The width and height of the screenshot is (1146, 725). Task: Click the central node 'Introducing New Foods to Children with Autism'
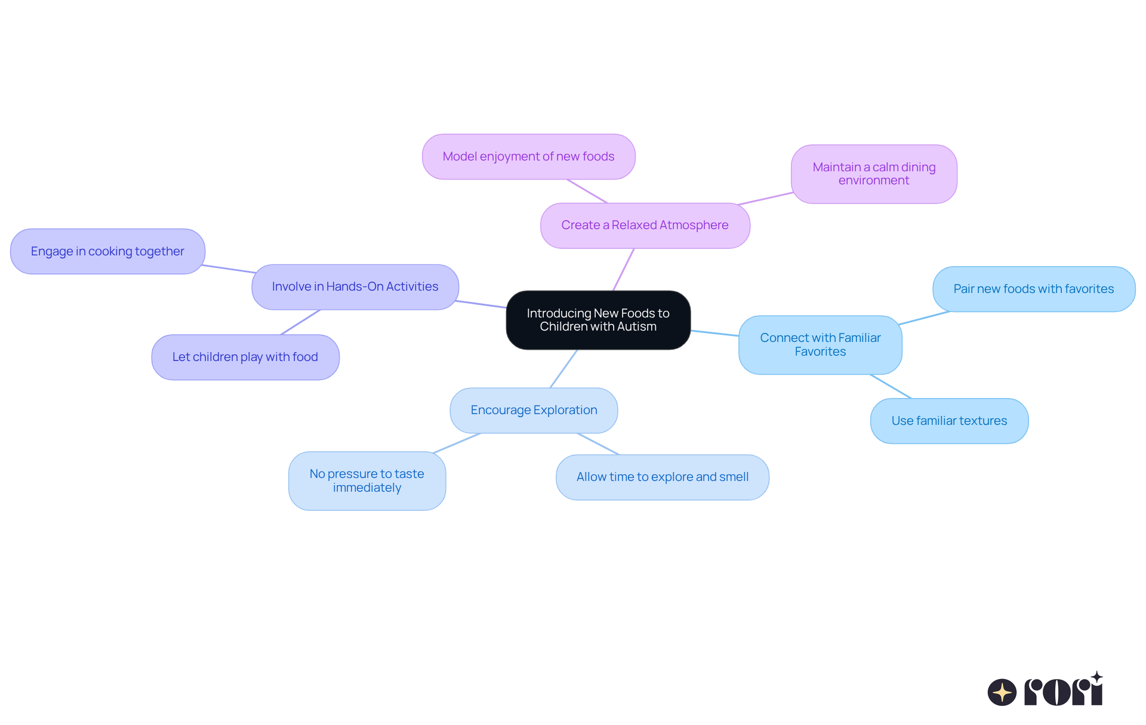point(598,320)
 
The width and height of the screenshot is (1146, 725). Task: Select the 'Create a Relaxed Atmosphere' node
point(645,226)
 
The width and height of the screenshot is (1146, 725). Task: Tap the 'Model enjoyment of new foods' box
point(528,156)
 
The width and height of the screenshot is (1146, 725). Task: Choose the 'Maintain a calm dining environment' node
point(874,174)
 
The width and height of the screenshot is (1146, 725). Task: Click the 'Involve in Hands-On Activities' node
point(355,287)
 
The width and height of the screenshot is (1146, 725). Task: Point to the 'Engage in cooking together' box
point(107,251)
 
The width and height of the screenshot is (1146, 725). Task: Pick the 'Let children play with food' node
point(245,357)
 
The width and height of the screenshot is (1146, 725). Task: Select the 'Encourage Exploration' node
point(534,411)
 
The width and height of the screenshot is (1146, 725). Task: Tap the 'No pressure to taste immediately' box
point(367,481)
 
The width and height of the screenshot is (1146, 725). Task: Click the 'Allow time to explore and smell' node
point(663,477)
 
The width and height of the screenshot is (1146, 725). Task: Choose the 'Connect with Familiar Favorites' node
point(820,345)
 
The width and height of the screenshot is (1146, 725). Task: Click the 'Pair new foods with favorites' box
point(1034,289)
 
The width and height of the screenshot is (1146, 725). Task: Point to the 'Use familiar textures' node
point(949,421)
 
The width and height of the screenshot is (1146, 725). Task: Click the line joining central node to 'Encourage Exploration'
point(563,369)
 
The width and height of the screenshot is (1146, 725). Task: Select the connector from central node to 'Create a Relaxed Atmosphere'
point(623,270)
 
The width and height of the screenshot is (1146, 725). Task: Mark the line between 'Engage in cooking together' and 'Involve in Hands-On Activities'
point(229,269)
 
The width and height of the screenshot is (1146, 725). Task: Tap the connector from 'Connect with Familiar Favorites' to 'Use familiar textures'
point(891,386)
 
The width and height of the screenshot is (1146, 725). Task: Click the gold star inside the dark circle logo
point(1002,692)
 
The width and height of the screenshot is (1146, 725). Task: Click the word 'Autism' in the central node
point(637,327)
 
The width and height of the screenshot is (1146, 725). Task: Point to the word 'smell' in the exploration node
point(734,477)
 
